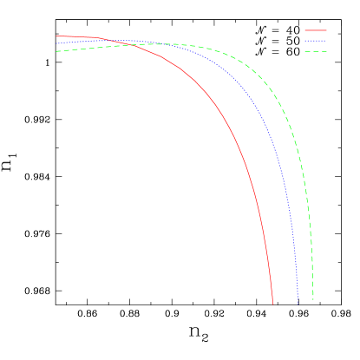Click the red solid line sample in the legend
point(316,30)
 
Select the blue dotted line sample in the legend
point(316,41)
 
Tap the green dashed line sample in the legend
point(316,52)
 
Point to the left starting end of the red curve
point(56,36)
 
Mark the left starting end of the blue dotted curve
point(56,43)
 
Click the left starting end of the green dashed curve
point(56,51)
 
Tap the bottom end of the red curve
point(273,304)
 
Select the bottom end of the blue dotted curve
point(298,304)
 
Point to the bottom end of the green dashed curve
point(313,301)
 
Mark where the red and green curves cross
point(139,44)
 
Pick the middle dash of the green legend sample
point(316,52)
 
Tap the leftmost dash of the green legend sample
point(307,52)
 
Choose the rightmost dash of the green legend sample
point(324,52)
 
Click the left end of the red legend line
point(305,30)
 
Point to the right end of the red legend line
point(327,30)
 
